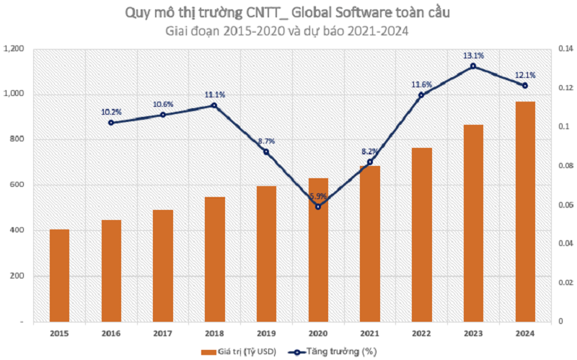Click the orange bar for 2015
[59, 275]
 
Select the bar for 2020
[318, 249]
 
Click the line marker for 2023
[473, 66]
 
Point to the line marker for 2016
[111, 123]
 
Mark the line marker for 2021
[370, 162]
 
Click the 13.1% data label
[473, 54]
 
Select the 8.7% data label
[266, 141]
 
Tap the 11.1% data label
[214, 95]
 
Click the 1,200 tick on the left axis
[15, 48]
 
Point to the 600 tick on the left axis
[19, 185]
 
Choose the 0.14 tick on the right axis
[563, 48]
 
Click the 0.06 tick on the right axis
[563, 204]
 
